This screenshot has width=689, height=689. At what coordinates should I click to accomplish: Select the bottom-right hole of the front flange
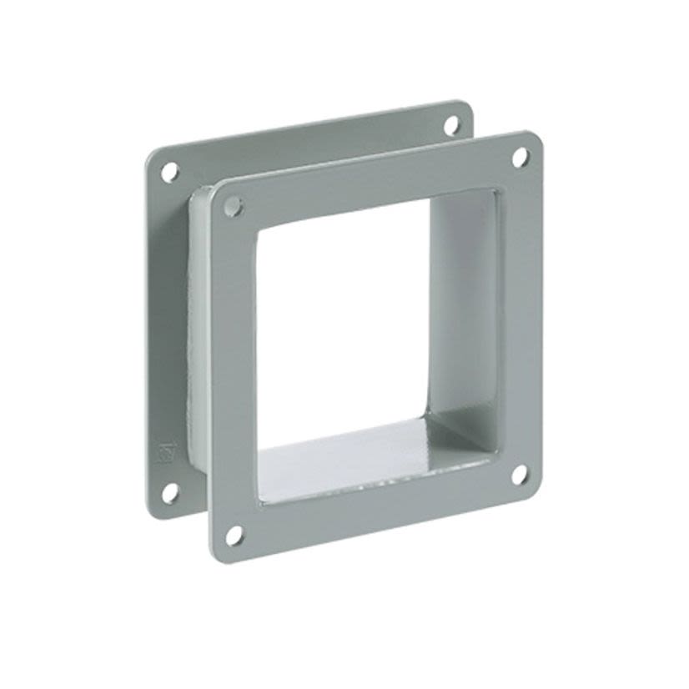[x=518, y=475]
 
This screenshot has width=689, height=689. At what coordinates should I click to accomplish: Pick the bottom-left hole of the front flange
[x=234, y=535]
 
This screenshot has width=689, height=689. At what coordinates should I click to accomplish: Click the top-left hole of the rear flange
[x=169, y=173]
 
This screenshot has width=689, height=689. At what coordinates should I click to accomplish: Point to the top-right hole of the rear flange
[x=451, y=125]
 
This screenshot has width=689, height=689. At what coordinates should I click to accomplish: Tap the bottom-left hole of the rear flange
[x=169, y=492]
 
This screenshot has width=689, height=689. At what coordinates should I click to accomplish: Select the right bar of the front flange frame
[x=521, y=317]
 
